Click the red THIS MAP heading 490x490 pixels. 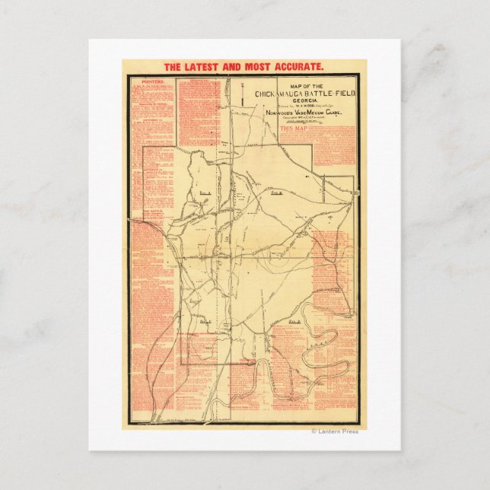pyautogui.click(x=294, y=129)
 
